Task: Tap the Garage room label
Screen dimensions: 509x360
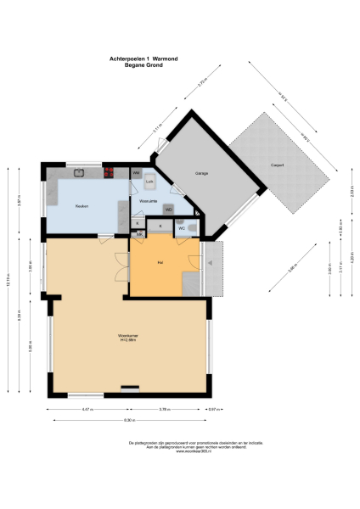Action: coord(202,173)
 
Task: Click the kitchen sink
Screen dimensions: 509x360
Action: coord(78,173)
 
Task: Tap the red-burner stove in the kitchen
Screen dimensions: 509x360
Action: coord(110,173)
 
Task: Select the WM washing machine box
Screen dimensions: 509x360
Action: coord(136,173)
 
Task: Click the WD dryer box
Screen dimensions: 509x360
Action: coord(168,209)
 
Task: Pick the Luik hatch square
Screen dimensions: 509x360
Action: coord(149,182)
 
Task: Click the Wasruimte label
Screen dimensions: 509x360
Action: coord(149,202)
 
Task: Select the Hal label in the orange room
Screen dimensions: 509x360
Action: coord(160,263)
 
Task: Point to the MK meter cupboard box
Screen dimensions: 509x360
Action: coord(138,233)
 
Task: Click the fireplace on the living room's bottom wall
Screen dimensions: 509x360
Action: coord(130,389)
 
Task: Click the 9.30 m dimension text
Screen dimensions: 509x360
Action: coord(129,421)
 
